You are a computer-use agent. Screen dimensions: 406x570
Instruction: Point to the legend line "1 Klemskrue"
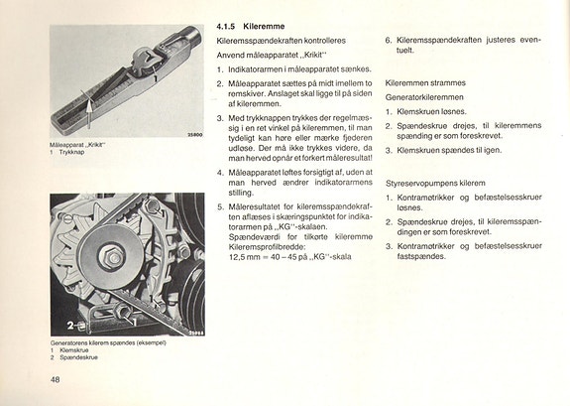click(x=71, y=349)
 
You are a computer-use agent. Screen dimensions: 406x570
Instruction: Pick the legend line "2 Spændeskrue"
click(x=75, y=356)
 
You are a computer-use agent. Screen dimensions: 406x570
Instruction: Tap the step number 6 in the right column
click(x=388, y=41)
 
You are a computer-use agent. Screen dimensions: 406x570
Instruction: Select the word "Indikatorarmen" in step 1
click(x=263, y=70)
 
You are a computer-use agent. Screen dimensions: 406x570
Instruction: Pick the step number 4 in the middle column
click(x=219, y=172)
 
